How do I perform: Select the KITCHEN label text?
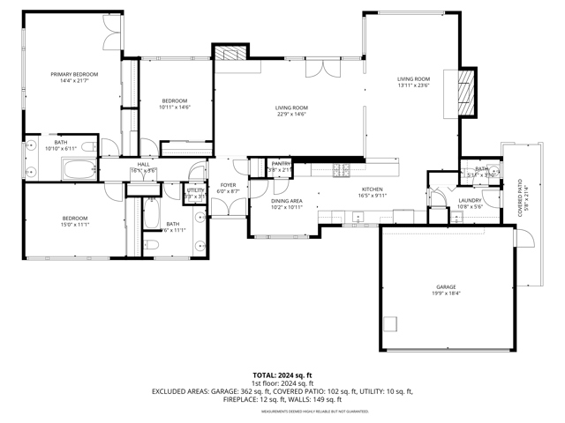pyautogui.click(x=372, y=189)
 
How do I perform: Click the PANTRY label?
pyautogui.click(x=281, y=164)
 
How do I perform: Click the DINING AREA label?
pyautogui.click(x=287, y=201)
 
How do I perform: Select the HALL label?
pyautogui.click(x=142, y=165)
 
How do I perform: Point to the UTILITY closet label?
pyautogui.click(x=195, y=190)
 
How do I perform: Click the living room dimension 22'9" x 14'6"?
pyautogui.click(x=290, y=114)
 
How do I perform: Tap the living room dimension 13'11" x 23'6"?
pyautogui.click(x=412, y=85)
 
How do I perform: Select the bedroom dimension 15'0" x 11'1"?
pyautogui.click(x=74, y=225)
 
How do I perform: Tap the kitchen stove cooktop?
pyautogui.click(x=340, y=168)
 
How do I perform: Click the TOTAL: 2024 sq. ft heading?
pyautogui.click(x=282, y=375)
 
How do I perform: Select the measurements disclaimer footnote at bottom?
pyautogui.click(x=282, y=411)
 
